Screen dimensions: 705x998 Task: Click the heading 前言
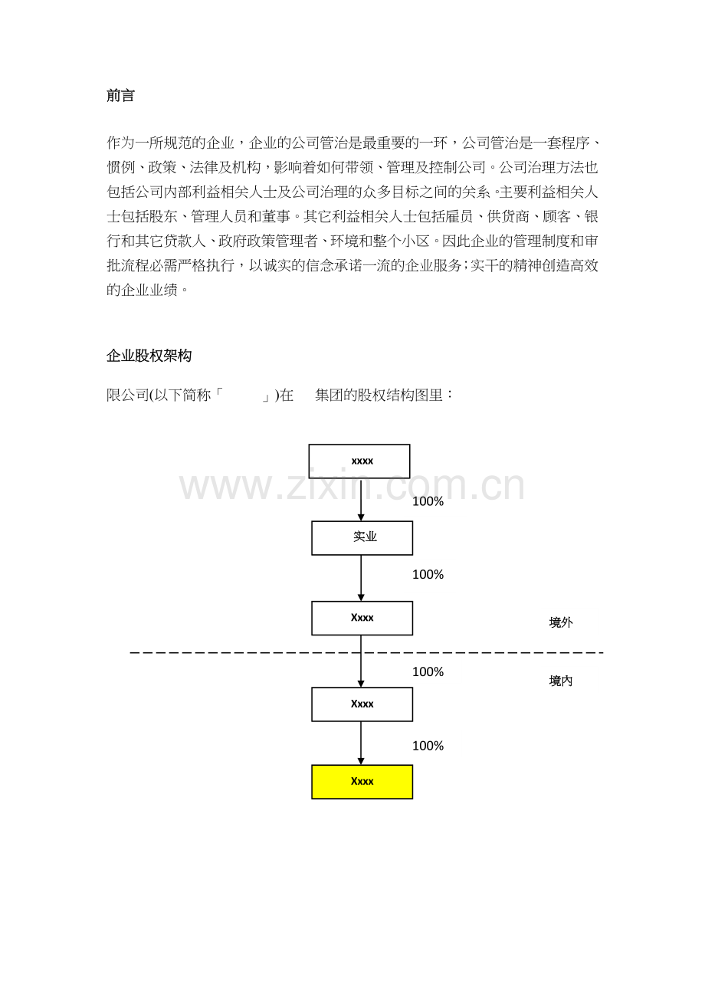tap(120, 95)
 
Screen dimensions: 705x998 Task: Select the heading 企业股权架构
tap(149, 356)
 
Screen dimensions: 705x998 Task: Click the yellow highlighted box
tap(362, 782)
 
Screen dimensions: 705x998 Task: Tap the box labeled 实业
tap(362, 538)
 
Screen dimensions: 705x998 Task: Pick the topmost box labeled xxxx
tap(359, 461)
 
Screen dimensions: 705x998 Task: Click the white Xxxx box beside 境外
tap(362, 618)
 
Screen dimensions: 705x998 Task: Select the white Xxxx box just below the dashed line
tap(362, 704)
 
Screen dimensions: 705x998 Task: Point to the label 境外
tap(560, 622)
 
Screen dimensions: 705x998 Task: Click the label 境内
tap(560, 681)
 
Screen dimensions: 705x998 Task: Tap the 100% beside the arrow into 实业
tap(428, 501)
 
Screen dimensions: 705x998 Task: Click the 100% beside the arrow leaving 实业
tap(428, 574)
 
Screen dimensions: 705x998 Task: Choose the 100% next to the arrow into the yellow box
tap(428, 745)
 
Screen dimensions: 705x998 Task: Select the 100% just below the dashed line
tap(428, 671)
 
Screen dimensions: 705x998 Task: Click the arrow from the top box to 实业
tap(361, 500)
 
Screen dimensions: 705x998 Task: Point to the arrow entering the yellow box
tap(361, 743)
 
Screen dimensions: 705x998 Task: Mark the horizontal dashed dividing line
tap(366, 653)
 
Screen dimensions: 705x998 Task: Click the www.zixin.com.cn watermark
tap(352, 485)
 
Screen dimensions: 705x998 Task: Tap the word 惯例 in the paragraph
tap(120, 168)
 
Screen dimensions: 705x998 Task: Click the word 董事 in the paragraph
tap(276, 216)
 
